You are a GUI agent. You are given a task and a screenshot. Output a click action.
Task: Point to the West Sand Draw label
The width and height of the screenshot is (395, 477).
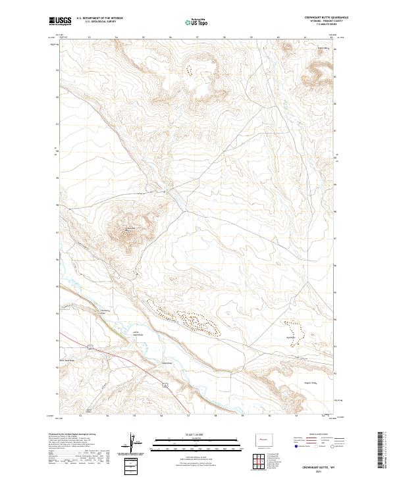tap(68, 360)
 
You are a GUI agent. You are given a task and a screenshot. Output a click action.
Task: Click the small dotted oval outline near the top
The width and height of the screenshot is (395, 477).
tap(190, 68)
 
